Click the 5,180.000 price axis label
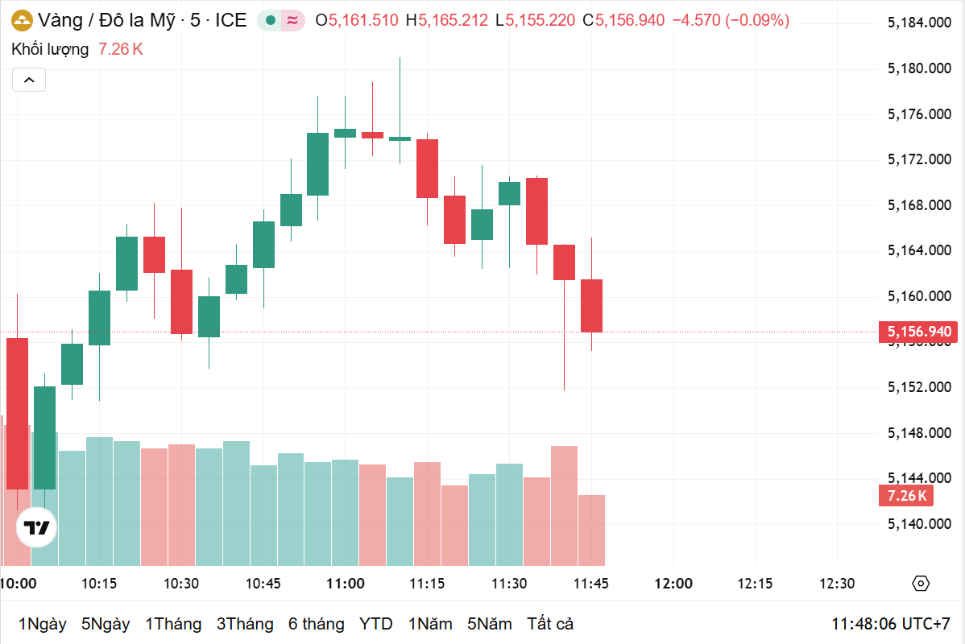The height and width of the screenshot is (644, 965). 918,68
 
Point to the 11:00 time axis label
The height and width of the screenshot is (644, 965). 345,584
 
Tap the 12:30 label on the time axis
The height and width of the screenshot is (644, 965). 837,584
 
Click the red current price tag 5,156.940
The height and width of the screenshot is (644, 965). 918,332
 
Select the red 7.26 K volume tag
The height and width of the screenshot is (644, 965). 906,495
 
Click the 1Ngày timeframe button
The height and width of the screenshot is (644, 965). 42,624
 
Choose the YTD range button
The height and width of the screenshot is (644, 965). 375,624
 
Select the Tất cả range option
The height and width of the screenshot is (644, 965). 550,624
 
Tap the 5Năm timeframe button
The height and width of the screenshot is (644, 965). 489,624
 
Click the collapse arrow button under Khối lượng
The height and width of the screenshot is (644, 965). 29,80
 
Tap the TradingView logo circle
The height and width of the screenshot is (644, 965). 37,528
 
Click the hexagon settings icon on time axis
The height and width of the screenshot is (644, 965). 922,584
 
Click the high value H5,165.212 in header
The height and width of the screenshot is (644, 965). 447,20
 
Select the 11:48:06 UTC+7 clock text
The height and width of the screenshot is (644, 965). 891,624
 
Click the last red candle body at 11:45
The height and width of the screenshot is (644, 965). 591,305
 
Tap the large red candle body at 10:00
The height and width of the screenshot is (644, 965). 17,413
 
